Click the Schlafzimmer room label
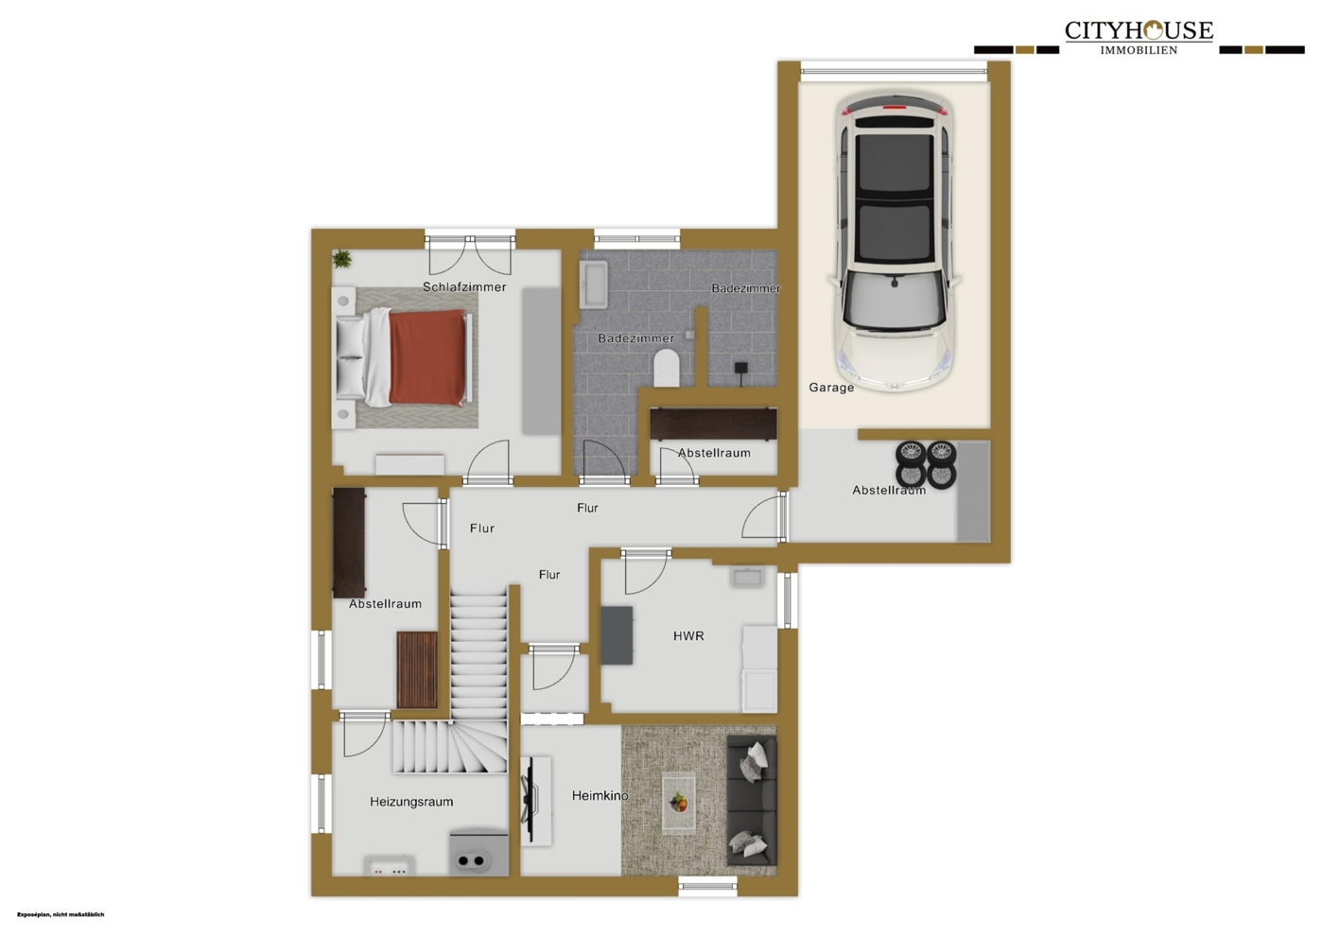(x=464, y=287)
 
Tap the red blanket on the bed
(x=427, y=357)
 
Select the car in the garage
(x=895, y=241)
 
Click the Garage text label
(x=831, y=388)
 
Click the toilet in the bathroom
(x=667, y=368)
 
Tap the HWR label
(x=688, y=636)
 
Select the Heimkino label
(x=600, y=796)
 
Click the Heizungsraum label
(x=411, y=802)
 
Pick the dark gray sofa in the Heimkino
(x=751, y=800)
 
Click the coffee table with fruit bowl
(x=679, y=803)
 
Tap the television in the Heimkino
(x=530, y=800)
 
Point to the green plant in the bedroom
(x=341, y=258)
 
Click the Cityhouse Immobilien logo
(x=1139, y=38)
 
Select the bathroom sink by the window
(x=593, y=285)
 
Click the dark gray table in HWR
(x=617, y=635)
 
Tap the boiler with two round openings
(x=478, y=854)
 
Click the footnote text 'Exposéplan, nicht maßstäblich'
(x=61, y=915)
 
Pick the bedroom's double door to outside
(x=470, y=255)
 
